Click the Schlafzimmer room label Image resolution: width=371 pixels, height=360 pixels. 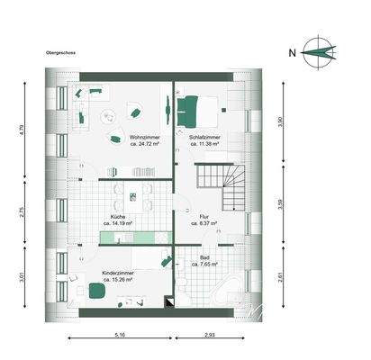coord(205,137)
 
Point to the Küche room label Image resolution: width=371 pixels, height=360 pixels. coord(118,219)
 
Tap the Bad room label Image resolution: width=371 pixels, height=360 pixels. coord(193,257)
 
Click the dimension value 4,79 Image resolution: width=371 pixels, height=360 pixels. coord(21,130)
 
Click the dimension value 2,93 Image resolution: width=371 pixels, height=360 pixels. coord(209,334)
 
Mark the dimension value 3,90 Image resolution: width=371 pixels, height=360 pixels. coord(280,121)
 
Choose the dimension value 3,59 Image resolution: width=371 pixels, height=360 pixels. coord(280,203)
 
